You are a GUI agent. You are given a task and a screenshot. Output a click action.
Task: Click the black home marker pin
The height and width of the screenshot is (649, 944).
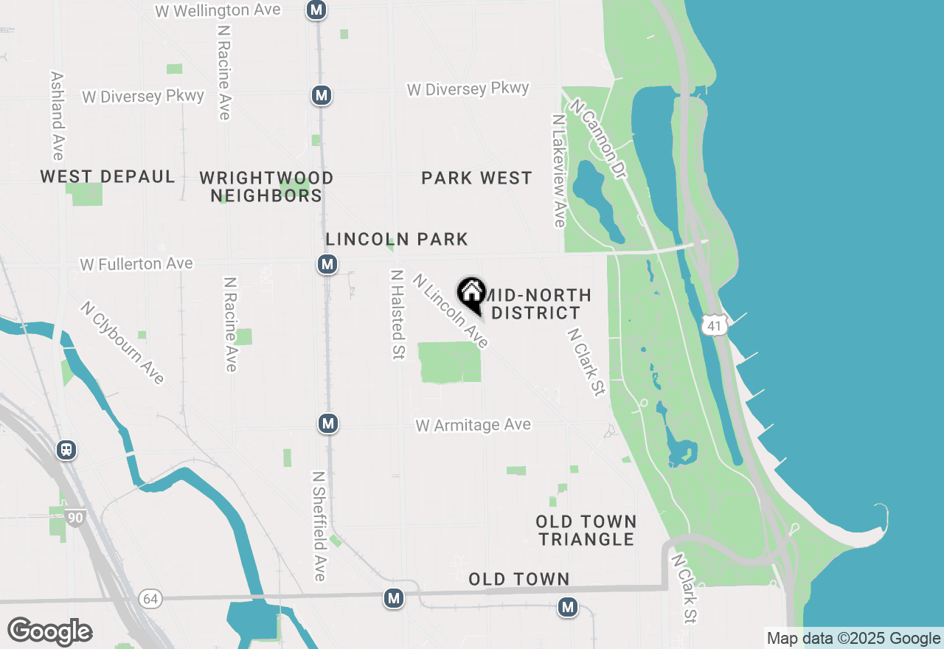click(x=471, y=294)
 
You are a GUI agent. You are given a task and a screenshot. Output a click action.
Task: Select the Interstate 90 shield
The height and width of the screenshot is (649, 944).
click(x=75, y=518)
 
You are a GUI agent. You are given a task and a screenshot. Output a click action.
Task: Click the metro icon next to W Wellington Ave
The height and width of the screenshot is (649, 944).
click(x=316, y=10)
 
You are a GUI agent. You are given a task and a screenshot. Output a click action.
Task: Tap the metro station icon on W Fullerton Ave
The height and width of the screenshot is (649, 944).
click(x=328, y=264)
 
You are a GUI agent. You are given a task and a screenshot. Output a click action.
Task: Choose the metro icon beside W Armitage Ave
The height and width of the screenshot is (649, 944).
click(x=328, y=423)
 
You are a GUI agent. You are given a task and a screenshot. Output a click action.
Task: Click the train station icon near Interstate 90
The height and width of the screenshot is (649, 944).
click(x=66, y=449)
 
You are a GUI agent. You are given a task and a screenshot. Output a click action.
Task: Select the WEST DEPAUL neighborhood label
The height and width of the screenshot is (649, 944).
click(x=108, y=177)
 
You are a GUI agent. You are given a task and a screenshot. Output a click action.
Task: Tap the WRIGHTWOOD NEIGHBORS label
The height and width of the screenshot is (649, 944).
click(x=266, y=187)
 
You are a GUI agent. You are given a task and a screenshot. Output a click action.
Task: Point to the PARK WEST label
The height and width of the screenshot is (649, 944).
click(x=476, y=178)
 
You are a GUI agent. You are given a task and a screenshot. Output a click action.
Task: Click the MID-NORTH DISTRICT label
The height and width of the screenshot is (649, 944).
click(x=536, y=304)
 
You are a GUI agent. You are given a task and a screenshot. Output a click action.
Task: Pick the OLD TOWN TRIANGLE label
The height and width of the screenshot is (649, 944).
click(x=586, y=530)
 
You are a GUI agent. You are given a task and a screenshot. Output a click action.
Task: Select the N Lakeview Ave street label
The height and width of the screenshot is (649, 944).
click(x=558, y=170)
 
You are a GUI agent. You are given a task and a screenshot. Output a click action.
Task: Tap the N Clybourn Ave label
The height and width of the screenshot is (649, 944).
click(x=122, y=342)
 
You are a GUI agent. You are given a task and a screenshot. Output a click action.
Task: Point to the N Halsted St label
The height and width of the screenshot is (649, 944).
click(x=398, y=313)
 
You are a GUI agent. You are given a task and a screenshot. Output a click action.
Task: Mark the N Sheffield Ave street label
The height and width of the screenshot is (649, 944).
click(x=319, y=526)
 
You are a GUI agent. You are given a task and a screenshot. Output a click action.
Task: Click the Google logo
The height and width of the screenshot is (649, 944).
click(x=49, y=631)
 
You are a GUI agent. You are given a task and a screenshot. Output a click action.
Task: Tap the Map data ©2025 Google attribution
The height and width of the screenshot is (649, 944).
click(x=853, y=639)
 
